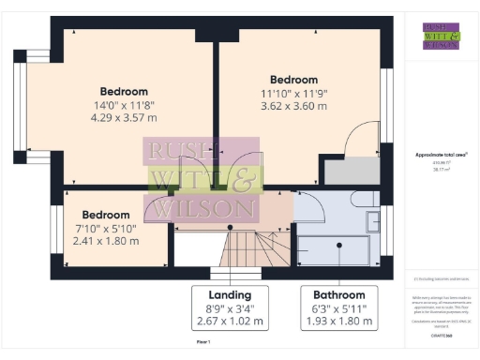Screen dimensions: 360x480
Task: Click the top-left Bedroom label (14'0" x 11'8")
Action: click(x=117, y=91)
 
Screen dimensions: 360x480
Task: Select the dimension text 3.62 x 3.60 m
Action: click(x=294, y=106)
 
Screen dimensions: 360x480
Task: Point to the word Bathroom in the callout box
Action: click(x=338, y=293)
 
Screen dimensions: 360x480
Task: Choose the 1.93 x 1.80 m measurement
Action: click(x=338, y=322)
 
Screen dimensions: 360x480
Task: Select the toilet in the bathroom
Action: click(x=362, y=200)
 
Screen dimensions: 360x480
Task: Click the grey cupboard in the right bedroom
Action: click(x=350, y=170)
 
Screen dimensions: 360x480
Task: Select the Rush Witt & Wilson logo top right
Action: click(x=441, y=35)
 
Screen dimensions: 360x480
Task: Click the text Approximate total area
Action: click(x=440, y=154)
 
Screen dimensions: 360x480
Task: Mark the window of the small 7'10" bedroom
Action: click(x=54, y=227)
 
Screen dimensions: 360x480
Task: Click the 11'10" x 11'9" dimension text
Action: click(x=294, y=93)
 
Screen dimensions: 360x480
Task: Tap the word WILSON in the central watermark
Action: click(x=201, y=207)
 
